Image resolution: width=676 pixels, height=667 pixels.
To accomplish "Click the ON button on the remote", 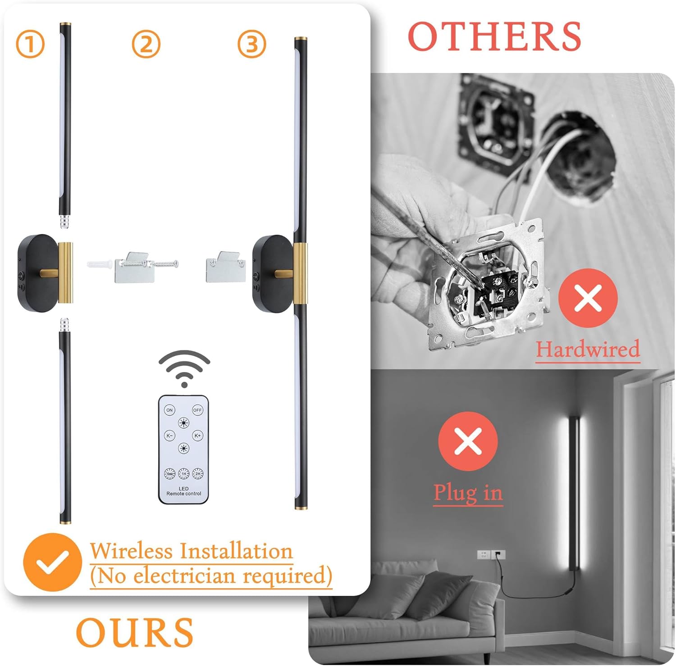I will [169, 410].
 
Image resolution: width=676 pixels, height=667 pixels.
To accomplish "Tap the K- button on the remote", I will [169, 436].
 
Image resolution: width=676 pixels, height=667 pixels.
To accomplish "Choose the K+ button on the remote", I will [197, 436].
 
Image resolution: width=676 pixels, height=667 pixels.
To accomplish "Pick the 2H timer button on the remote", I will [198, 474].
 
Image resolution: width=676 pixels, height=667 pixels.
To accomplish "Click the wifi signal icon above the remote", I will [184, 368].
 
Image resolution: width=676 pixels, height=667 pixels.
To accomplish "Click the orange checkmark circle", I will [52, 563].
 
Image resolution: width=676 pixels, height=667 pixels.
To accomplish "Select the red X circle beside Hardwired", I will [588, 298].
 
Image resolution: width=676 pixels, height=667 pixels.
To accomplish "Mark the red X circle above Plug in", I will [468, 441].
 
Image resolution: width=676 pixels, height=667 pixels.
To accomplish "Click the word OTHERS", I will [494, 36].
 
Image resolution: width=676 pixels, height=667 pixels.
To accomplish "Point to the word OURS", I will [134, 633].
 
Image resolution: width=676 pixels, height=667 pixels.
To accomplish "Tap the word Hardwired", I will [588, 349].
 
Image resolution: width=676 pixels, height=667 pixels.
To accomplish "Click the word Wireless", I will [131, 551].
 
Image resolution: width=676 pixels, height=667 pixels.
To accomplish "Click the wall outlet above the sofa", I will [491, 554].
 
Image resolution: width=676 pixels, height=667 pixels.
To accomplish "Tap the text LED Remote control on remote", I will [184, 491].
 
